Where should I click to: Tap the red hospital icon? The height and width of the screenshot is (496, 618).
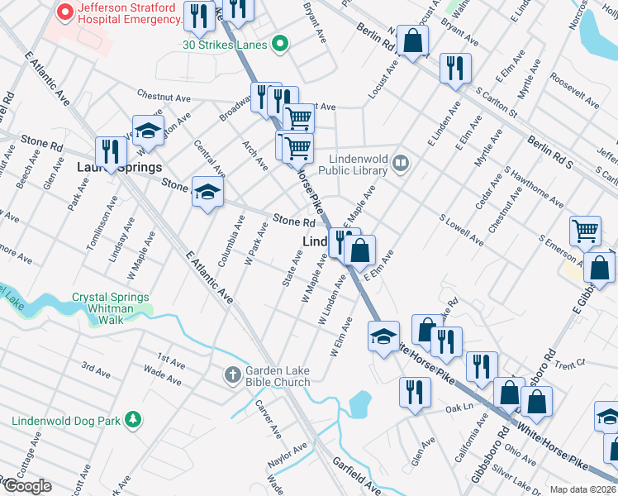[x=61, y=13]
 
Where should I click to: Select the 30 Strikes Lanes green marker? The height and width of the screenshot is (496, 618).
[x=280, y=44]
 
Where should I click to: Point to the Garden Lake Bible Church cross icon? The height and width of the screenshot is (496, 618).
[x=233, y=375]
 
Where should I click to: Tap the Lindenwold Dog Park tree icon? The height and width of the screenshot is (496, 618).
[x=132, y=420]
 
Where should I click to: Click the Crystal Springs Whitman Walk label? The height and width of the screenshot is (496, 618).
[x=111, y=308]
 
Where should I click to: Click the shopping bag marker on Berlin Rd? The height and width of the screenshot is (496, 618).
[x=412, y=40]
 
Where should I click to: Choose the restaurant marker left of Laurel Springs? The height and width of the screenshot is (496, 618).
[x=108, y=150]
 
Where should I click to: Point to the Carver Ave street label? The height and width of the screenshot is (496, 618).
[x=269, y=419]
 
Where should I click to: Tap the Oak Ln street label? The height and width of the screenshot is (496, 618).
[x=458, y=408]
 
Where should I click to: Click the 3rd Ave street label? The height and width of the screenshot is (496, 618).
[x=95, y=369]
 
